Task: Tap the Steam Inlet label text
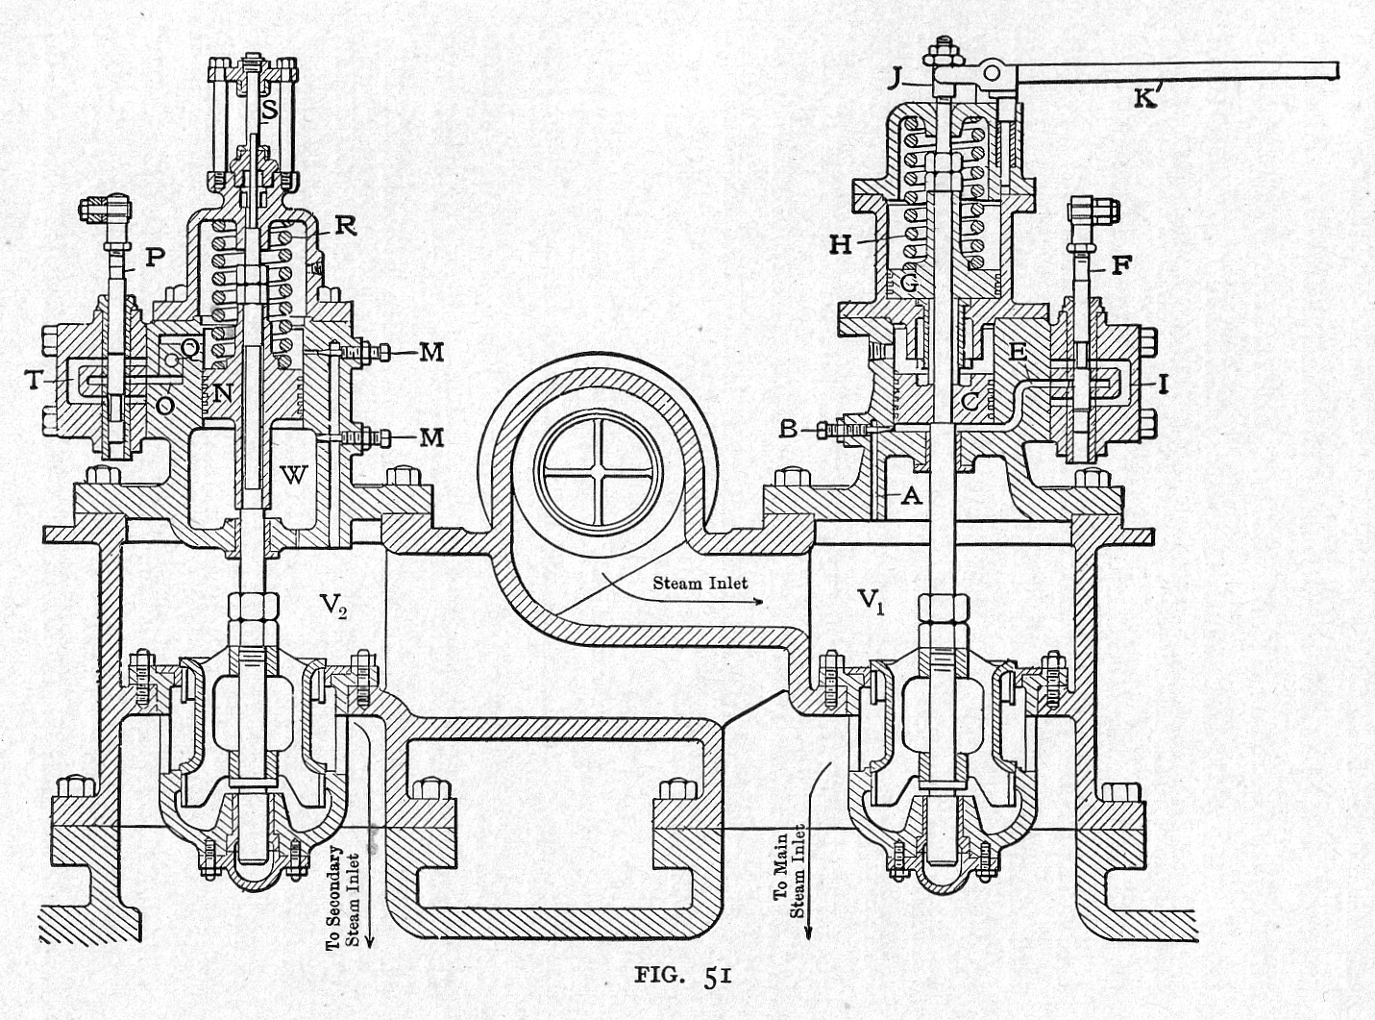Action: pos(700,583)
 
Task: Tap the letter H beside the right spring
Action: pos(841,245)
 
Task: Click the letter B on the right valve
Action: pos(789,430)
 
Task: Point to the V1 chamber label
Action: pos(870,601)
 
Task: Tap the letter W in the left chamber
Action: pos(293,473)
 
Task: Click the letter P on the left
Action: pos(154,257)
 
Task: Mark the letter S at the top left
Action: pos(270,111)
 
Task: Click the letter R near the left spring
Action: pos(345,226)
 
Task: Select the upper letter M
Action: pos(431,353)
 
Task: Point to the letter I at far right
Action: pos(1163,386)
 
